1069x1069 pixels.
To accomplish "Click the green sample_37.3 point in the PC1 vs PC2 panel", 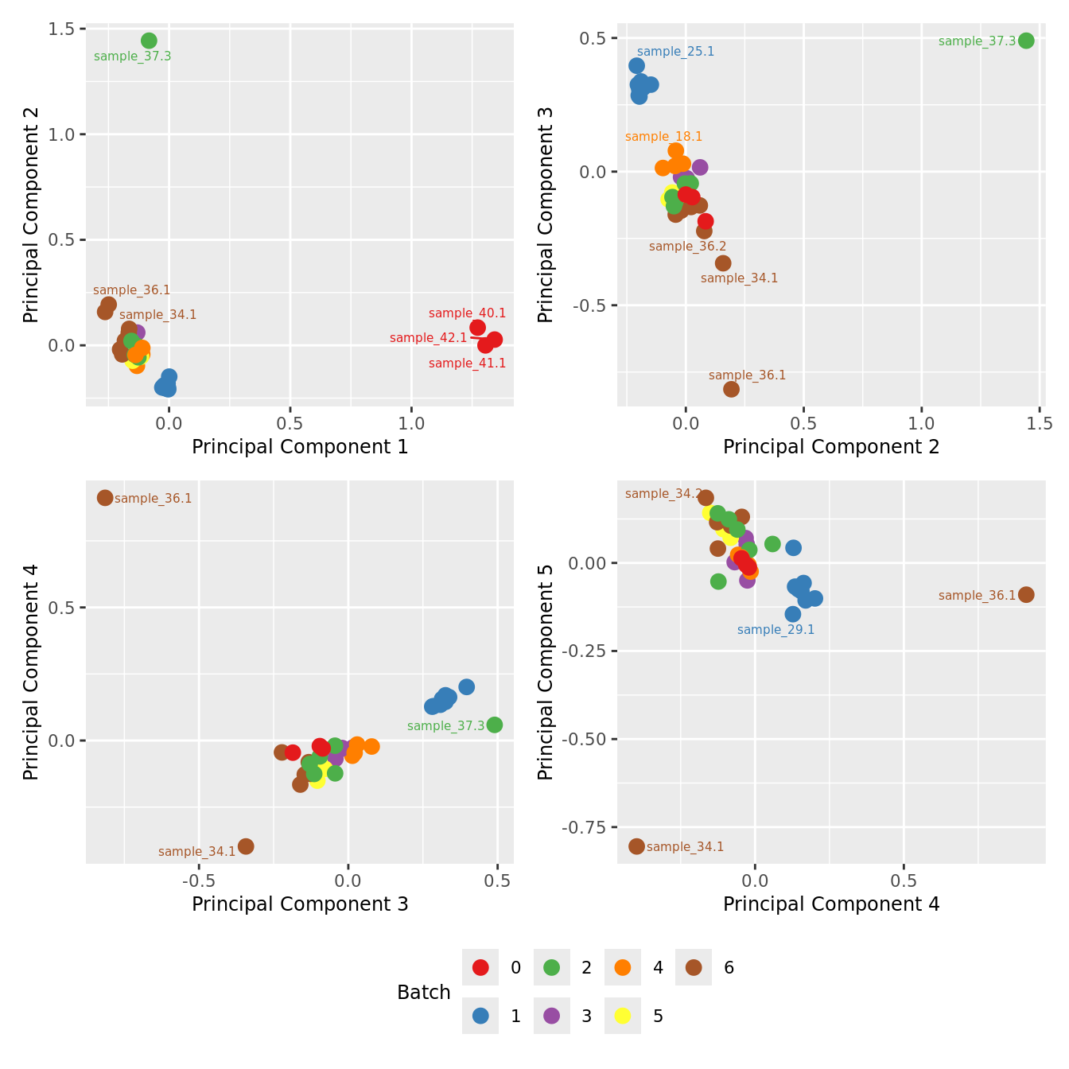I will [149, 41].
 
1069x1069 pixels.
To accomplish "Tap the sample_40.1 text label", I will [467, 313].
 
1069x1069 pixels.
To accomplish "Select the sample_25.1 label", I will [675, 52].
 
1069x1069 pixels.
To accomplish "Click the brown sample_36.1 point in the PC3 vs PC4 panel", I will [105, 498].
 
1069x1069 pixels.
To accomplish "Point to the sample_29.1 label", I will [776, 630].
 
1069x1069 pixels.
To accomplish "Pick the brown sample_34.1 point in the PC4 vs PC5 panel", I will [636, 846].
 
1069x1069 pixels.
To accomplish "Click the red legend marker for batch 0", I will [480, 967].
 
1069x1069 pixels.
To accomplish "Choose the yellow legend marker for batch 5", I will [623, 1016].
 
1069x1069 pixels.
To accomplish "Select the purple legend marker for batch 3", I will [551, 1016].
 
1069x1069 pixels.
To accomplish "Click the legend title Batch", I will [424, 993].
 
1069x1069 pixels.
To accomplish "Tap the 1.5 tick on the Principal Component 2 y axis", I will [62, 29].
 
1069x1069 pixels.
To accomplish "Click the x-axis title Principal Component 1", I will [300, 447].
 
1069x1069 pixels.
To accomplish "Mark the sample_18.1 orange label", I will [663, 137].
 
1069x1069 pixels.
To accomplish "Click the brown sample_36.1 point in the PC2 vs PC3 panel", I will [731, 389].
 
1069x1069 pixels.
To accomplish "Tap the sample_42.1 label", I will [428, 338].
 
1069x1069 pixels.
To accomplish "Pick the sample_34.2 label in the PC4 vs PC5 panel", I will [663, 494].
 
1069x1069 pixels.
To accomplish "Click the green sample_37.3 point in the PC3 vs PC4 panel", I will [494, 725].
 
